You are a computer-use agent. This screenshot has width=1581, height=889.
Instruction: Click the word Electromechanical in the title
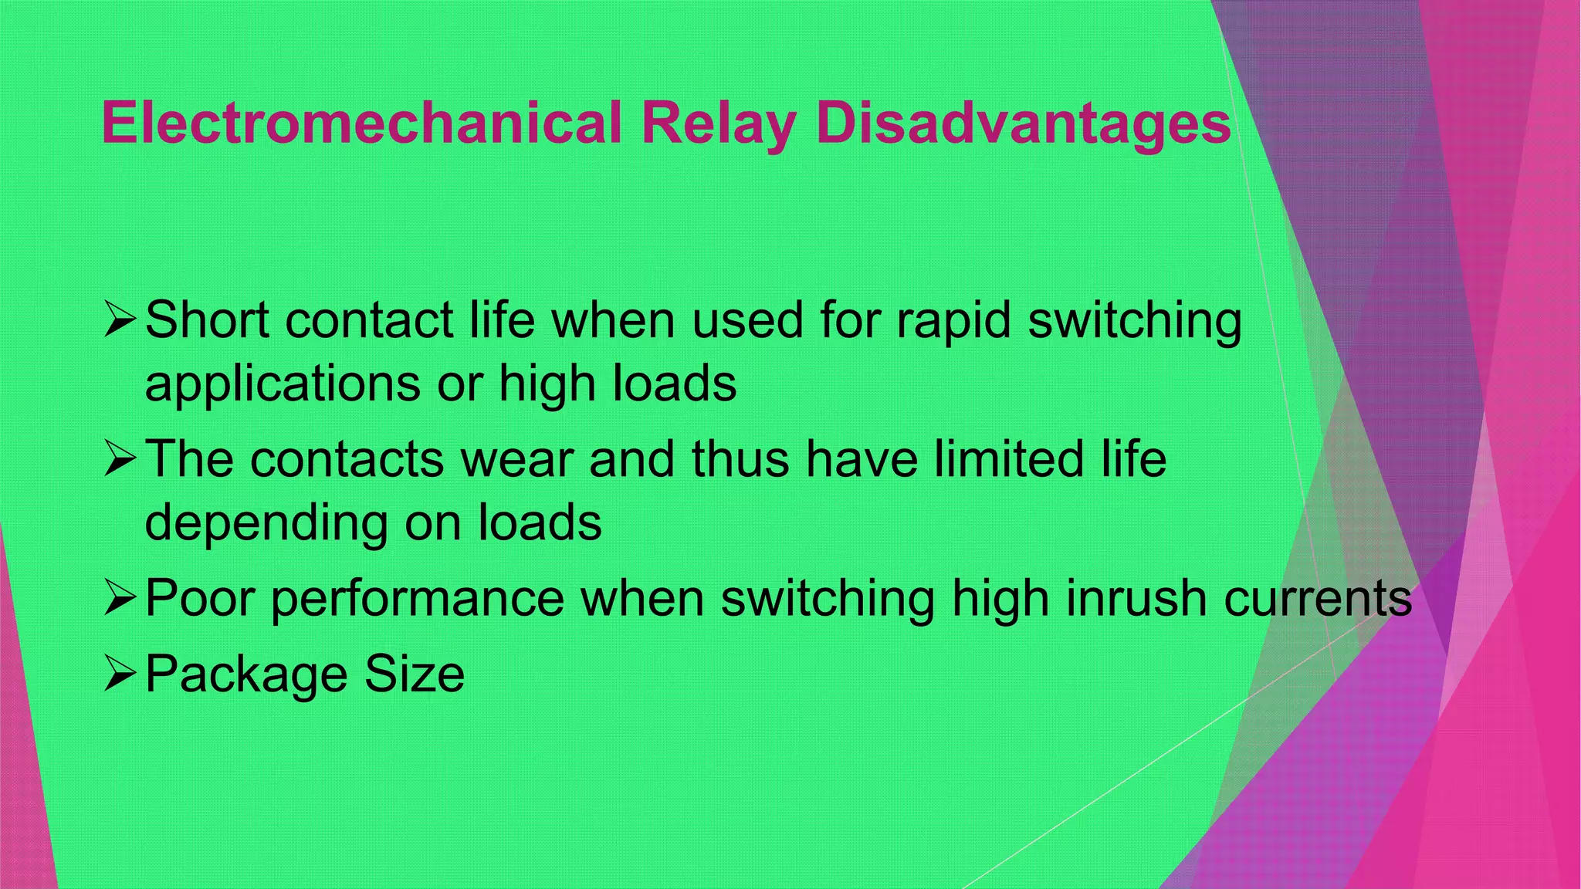click(x=361, y=123)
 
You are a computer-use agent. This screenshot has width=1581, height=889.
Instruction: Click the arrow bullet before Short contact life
click(x=120, y=319)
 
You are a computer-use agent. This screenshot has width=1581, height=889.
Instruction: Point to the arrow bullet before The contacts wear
click(x=120, y=459)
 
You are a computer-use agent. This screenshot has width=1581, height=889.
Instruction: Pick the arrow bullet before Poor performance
click(x=120, y=598)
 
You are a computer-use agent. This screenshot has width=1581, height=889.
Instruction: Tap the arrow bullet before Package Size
click(x=120, y=674)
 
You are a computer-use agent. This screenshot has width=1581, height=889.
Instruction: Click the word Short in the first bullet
click(x=207, y=319)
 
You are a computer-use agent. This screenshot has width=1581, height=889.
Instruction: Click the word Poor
click(x=200, y=598)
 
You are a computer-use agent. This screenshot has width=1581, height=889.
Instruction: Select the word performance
click(x=418, y=600)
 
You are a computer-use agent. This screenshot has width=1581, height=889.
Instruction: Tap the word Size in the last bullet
click(x=415, y=674)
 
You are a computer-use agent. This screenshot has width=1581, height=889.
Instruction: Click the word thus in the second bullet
click(x=740, y=459)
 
